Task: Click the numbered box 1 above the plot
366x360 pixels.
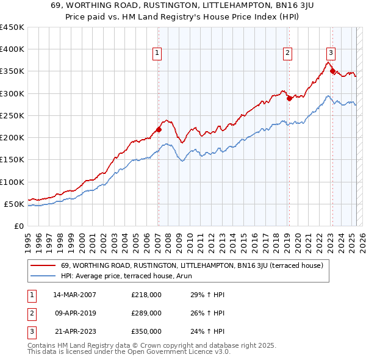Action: [x=157, y=53]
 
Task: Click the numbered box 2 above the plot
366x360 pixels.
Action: [x=287, y=53]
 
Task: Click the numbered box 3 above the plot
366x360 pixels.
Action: [x=331, y=53]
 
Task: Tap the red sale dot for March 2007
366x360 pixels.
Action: [x=159, y=129]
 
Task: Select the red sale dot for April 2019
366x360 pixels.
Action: [x=289, y=98]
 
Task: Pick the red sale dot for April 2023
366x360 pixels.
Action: [x=332, y=71]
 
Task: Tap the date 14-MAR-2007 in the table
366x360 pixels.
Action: [x=74, y=295]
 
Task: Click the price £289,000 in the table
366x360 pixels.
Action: [x=146, y=313]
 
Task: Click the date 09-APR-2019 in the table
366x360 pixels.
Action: [x=74, y=313]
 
